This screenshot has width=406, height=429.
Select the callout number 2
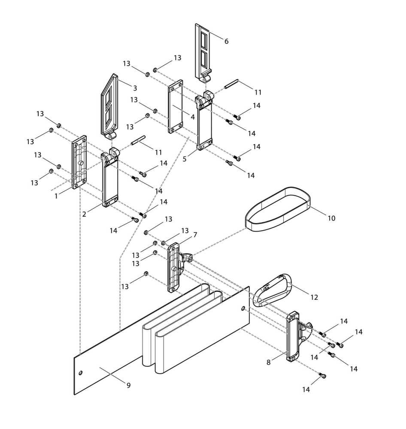85,213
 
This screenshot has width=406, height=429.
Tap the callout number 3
135,88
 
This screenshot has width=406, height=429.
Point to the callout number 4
193,116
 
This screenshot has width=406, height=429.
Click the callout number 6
226,42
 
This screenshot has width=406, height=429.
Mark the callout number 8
268,362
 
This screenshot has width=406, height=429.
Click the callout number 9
128,385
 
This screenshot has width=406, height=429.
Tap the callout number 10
331,218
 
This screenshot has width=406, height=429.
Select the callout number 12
314,297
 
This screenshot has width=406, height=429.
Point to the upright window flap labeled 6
203,51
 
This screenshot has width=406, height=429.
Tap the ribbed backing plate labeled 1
79,162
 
